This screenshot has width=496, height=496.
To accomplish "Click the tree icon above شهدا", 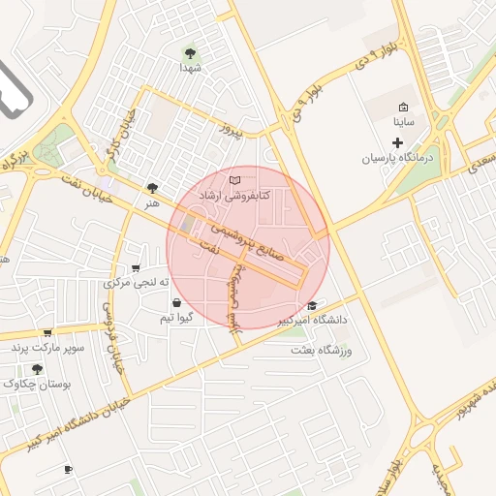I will click(x=189, y=53).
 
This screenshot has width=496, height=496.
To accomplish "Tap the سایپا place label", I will click(x=403, y=123).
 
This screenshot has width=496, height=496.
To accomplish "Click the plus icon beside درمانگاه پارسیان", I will click(x=397, y=141).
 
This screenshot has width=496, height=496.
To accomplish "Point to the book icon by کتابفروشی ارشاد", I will click(x=232, y=180).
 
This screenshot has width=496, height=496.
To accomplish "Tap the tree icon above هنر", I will click(x=152, y=188).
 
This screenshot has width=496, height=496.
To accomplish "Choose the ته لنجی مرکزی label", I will click(x=137, y=283).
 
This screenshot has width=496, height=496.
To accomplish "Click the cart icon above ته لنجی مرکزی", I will click(x=136, y=268).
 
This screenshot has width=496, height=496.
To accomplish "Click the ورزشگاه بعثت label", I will click(x=319, y=349).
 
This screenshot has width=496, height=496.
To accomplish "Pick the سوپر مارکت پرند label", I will click(x=48, y=346).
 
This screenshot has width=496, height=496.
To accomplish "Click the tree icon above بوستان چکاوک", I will click(x=37, y=369).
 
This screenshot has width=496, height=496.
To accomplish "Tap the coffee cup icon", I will click(x=68, y=470).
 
